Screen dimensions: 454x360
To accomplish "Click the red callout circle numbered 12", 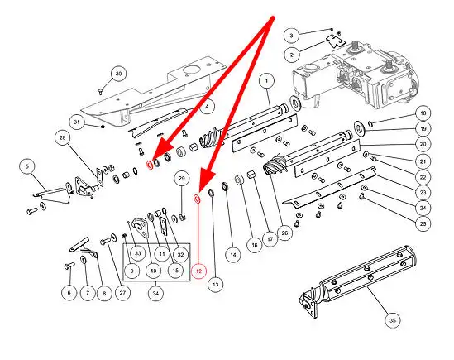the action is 199,271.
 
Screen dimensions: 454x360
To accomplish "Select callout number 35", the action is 393,320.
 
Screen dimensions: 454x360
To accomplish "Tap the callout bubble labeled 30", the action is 119,74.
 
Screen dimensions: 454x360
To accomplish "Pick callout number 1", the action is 266,81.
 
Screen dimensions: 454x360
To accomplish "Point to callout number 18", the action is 423,113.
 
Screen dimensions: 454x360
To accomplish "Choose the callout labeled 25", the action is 423,223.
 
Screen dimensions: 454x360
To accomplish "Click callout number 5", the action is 27,166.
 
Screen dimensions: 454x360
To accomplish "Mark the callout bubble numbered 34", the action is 155,293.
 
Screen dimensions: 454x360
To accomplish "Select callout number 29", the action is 182,178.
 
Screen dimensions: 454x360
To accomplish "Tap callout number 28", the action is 63,137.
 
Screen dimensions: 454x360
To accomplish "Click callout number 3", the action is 292,36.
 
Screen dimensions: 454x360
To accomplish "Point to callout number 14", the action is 233,255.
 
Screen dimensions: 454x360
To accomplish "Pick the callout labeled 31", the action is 77,122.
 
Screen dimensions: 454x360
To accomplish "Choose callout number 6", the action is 69,293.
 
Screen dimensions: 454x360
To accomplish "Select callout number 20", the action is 423,144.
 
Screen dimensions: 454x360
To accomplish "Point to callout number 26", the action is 284,233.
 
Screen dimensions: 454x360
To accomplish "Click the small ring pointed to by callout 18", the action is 370,124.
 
